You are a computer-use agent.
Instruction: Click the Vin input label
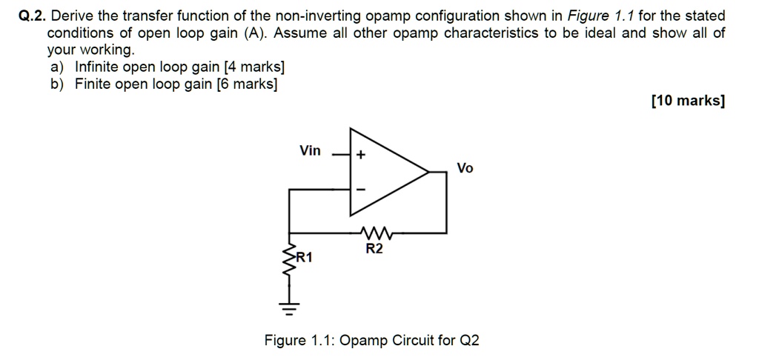coord(310,151)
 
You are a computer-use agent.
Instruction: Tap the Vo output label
coord(465,168)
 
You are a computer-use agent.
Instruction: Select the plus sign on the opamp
coord(361,156)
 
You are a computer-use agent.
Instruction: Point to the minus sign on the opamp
coord(361,190)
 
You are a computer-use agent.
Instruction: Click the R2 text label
coord(374,249)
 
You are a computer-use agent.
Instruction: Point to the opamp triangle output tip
coord(428,173)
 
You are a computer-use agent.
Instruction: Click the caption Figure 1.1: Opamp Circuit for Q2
coord(372,341)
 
